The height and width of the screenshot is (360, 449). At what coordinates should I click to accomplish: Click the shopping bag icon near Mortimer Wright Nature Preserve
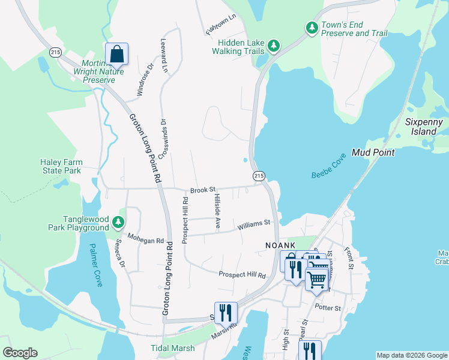coord(116,54)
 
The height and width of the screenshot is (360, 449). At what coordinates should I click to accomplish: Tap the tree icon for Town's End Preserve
coord(312,28)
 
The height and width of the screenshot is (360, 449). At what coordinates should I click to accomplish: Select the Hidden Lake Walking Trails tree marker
coord(273,46)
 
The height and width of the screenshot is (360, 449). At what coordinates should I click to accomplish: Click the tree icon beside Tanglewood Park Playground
coord(118,223)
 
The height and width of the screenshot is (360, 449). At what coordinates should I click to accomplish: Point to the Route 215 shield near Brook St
coord(259,176)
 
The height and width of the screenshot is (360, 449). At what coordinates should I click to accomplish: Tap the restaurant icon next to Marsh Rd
coord(226,313)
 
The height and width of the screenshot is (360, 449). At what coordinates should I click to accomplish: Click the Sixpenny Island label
coord(424,127)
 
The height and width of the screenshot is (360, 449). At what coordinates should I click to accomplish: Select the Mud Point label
coord(373,152)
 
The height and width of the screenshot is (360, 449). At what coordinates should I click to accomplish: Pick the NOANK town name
coord(282,245)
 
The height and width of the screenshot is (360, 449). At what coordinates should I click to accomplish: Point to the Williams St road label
coord(254,225)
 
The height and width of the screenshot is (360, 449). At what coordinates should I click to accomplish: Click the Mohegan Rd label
coord(145,240)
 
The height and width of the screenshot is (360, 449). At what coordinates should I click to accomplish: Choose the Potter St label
coord(328,308)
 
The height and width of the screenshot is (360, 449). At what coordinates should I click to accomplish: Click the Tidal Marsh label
coord(172,348)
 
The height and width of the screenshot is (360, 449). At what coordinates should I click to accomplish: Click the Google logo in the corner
coord(20,353)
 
